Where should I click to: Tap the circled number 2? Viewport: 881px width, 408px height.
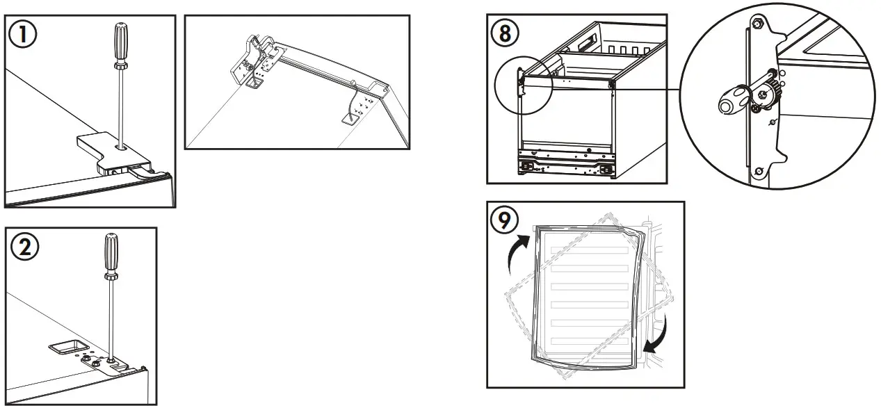coord(25,247)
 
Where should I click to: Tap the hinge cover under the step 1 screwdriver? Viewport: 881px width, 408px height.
coord(104,151)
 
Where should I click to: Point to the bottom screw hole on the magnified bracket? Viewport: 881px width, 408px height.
coord(760,171)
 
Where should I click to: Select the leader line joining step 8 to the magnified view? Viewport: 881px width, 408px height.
coord(647,89)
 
